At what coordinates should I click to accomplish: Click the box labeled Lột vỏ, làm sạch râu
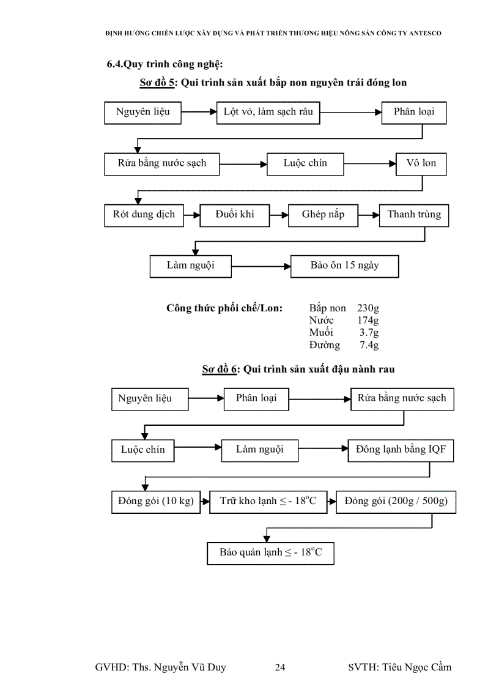pos(268,113)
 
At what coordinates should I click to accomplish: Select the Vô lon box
pos(421,163)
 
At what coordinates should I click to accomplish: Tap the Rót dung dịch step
pos(144,215)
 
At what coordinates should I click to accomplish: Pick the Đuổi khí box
pos(235,215)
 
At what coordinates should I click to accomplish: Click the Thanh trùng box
pos(414,215)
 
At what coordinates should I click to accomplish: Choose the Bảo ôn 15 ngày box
pos(345,266)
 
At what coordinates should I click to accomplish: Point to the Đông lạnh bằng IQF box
pos(401,450)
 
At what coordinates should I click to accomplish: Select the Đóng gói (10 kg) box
pos(156,502)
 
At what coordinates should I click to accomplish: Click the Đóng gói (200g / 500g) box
pos(396,502)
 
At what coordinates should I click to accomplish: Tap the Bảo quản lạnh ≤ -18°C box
pos(271,553)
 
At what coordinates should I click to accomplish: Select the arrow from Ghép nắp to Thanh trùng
pos(368,215)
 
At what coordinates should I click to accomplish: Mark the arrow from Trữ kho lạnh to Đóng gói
pos(331,502)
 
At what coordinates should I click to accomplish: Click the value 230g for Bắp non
pos(368,308)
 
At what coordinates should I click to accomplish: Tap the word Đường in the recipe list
pos(324,345)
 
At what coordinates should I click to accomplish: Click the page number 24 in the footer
pos(279,667)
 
